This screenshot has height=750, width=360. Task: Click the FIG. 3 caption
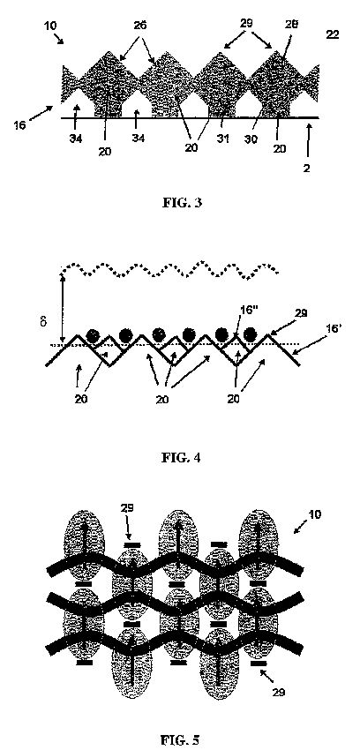(x=182, y=202)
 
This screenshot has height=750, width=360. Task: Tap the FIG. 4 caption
(x=181, y=458)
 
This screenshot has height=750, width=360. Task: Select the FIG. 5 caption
(x=180, y=740)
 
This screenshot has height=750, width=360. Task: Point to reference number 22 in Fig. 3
(x=333, y=35)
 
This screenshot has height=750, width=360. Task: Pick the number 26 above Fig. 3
(x=140, y=25)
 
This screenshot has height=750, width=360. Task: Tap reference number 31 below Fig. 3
(x=222, y=139)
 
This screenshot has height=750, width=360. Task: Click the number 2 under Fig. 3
(x=306, y=169)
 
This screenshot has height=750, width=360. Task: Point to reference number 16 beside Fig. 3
(x=19, y=126)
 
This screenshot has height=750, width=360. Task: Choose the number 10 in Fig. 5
(x=315, y=514)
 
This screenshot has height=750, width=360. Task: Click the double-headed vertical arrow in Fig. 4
(x=62, y=306)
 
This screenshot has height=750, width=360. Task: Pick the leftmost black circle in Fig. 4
(x=93, y=336)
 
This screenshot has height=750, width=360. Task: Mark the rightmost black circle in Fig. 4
(x=249, y=335)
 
